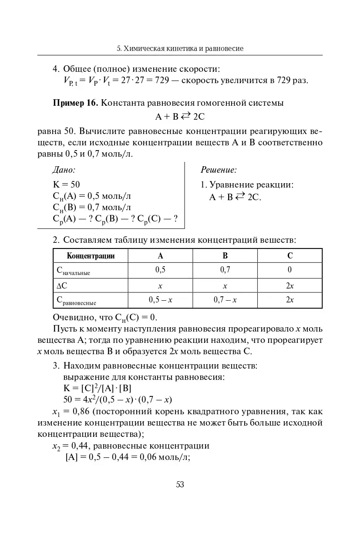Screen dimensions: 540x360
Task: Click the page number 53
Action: point(180,484)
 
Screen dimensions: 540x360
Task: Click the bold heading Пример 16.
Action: point(76,103)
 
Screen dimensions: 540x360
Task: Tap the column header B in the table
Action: point(225,256)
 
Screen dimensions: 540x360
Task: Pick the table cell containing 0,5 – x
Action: point(160,300)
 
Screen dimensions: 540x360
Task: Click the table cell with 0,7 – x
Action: point(225,300)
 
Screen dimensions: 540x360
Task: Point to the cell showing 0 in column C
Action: point(289,270)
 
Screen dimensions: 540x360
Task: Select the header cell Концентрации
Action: point(91,256)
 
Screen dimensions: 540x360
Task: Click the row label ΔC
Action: point(62,285)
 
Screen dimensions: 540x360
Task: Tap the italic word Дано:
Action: point(64,170)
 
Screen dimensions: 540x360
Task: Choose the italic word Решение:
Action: point(219,170)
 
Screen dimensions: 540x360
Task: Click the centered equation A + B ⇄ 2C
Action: point(180,117)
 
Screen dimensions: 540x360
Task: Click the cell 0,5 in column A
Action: point(160,270)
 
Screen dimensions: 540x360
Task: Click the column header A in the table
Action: point(160,256)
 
